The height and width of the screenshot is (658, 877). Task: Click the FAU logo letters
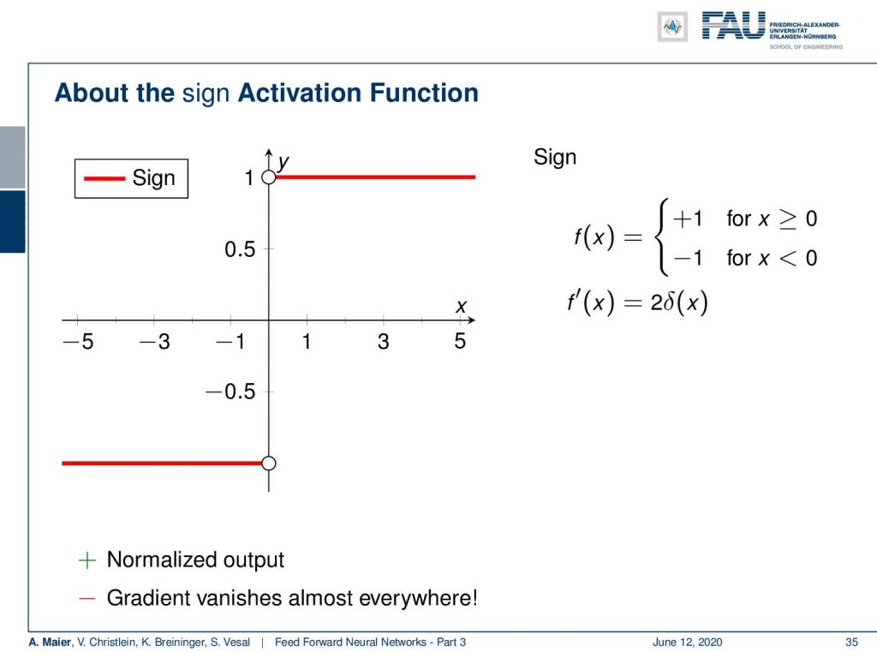[733, 26]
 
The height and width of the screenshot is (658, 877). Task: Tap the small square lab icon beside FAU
[672, 27]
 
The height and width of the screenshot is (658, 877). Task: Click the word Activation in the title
[300, 93]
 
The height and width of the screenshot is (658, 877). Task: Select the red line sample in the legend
[104, 179]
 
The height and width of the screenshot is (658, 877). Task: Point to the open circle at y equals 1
[268, 177]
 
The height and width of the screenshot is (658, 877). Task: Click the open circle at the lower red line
[268, 464]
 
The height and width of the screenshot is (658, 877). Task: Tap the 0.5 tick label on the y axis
[240, 249]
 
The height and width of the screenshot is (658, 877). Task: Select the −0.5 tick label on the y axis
[230, 392]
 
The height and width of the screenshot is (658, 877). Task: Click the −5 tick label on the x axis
[78, 341]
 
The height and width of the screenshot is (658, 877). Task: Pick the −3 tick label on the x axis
[155, 341]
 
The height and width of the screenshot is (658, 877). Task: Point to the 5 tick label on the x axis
[460, 341]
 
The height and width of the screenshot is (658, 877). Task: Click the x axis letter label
[461, 307]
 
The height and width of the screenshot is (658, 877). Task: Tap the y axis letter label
[283, 162]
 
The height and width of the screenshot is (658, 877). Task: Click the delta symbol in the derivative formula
[670, 302]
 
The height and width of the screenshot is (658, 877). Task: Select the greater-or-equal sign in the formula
[788, 218]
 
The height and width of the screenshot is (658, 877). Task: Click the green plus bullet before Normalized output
[87, 560]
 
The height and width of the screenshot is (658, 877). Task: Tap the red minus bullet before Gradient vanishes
[87, 598]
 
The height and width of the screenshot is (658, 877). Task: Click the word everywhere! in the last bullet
[418, 597]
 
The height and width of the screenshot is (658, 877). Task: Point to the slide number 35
[851, 643]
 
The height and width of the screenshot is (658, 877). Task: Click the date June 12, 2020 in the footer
[688, 643]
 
